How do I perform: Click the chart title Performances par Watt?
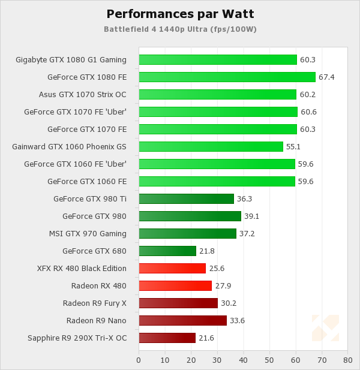179,14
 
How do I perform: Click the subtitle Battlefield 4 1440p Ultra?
179,29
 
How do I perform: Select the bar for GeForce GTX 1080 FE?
227,77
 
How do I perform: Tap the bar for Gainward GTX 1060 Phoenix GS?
211,147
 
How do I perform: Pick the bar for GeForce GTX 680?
167,251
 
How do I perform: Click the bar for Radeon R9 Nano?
182,321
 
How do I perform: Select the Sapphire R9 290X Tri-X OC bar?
167,338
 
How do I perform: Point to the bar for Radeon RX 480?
175,286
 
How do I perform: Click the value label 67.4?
326,77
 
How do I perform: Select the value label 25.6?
217,269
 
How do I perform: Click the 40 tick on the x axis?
243,360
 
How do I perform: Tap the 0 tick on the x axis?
139,360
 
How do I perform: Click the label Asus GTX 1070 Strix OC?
83,95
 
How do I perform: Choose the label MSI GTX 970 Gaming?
88,234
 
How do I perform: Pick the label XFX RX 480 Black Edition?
82,269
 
